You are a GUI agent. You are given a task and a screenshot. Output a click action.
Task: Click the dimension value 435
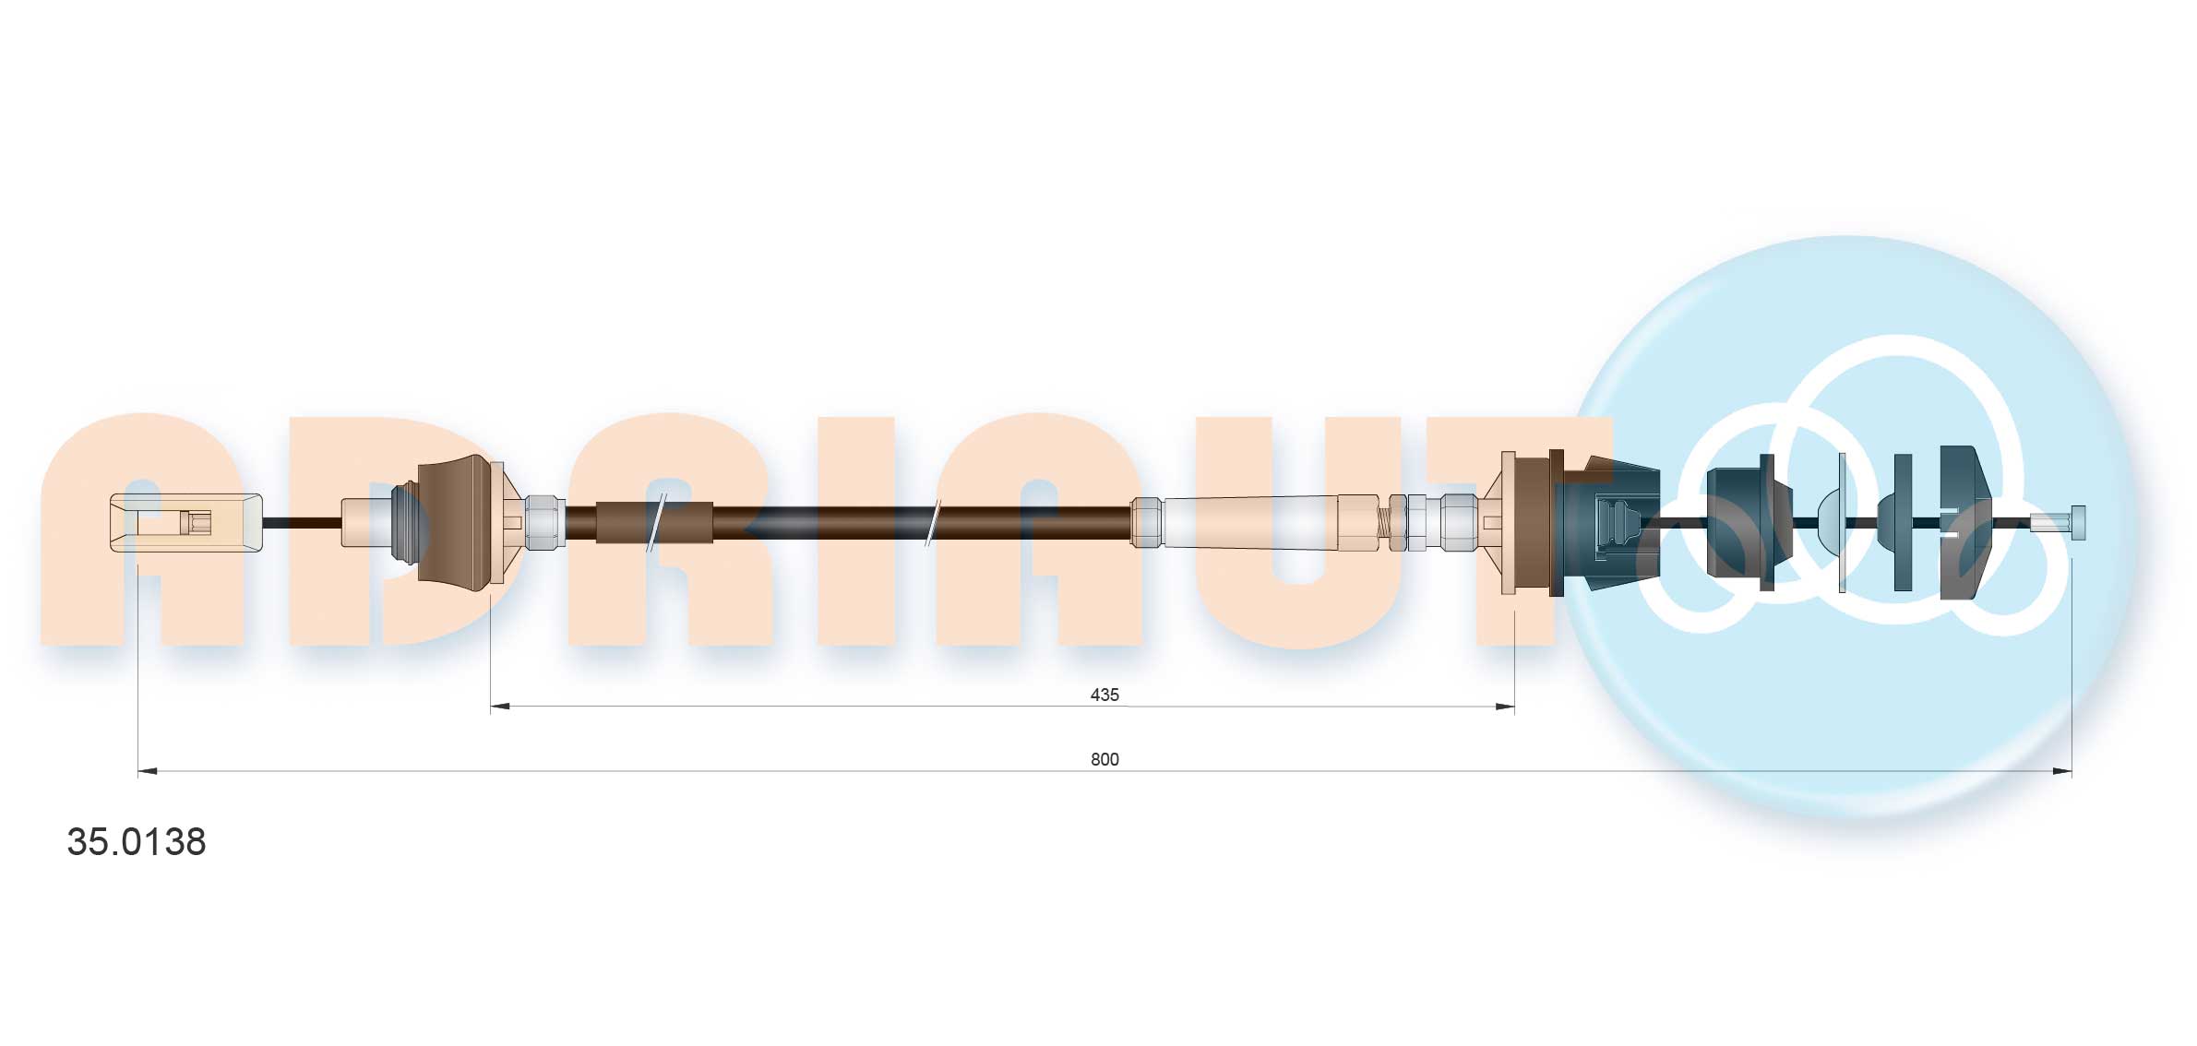1104,695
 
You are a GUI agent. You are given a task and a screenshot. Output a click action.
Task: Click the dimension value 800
1104,759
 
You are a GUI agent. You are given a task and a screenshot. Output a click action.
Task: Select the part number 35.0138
137,842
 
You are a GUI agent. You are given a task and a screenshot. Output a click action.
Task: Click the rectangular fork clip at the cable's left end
185,523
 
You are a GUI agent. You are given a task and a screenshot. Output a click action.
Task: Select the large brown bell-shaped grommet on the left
454,523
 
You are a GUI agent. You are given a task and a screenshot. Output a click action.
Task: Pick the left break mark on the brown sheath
656,523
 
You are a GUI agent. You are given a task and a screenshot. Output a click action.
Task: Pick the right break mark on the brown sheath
933,523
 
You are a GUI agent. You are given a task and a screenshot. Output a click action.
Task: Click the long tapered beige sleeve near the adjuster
1250,523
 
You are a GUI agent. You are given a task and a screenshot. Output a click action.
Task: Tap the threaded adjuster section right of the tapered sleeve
1384,523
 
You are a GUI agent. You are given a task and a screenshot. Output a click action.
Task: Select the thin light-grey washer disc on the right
1842,523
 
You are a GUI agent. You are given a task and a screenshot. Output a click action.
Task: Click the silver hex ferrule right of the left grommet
544,523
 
